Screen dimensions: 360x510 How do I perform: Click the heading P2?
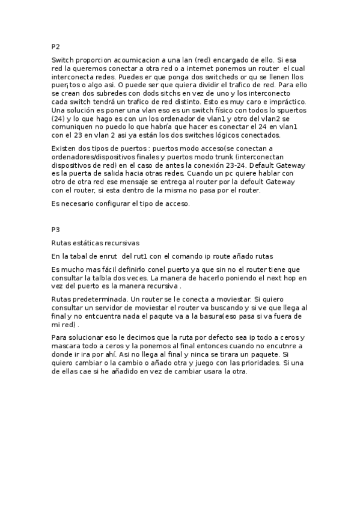tap(56, 46)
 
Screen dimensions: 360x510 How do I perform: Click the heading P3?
tap(56, 230)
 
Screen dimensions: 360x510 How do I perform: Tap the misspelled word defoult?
tap(240, 182)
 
